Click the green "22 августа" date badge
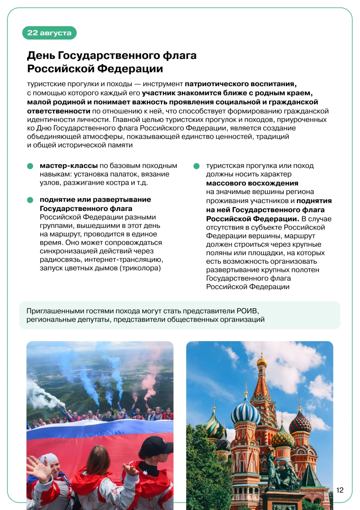(49, 33)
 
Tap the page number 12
(340, 490)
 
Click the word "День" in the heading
(41, 55)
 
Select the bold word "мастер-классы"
(69, 166)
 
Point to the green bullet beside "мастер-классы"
(30, 166)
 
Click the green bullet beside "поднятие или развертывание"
(30, 200)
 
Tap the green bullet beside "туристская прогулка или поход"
(197, 166)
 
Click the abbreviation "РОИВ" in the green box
(247, 311)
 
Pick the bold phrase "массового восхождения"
(252, 183)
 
